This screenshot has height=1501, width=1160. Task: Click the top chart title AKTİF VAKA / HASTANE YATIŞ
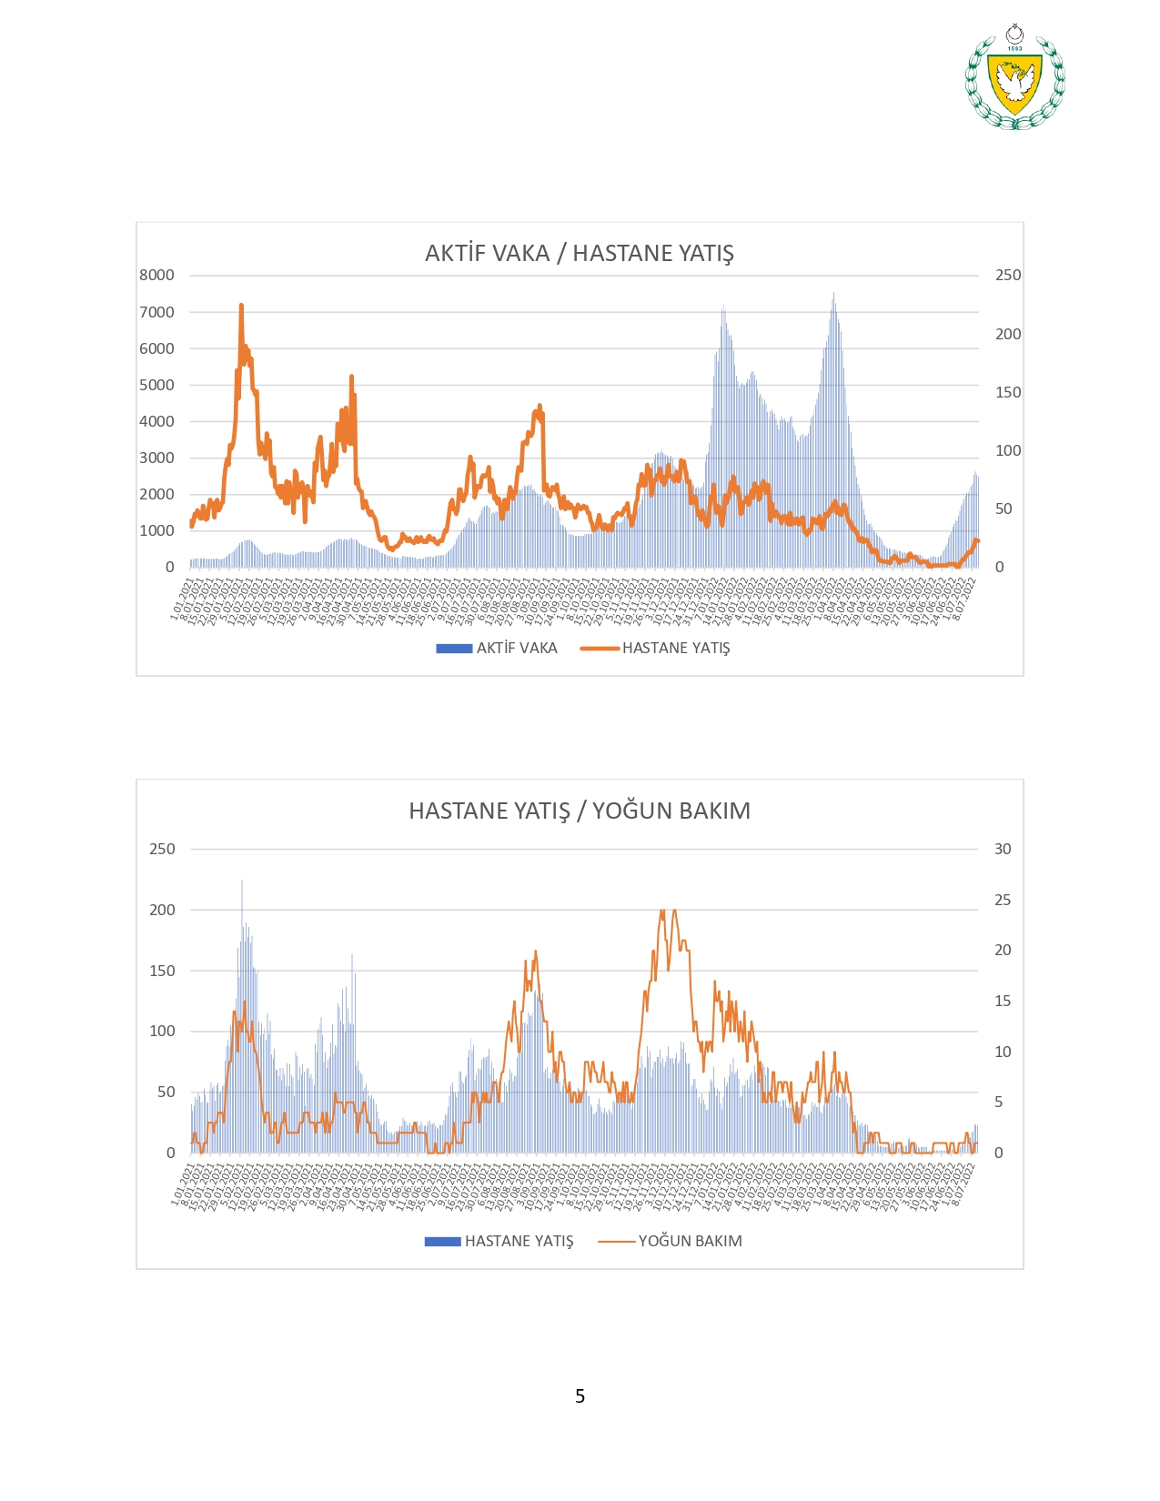579,253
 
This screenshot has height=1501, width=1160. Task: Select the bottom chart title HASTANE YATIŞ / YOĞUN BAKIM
579,811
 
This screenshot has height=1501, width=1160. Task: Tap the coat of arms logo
1014,78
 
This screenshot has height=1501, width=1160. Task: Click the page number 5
580,1395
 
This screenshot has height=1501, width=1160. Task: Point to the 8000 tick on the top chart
156,275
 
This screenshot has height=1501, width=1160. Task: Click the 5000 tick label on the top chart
156,385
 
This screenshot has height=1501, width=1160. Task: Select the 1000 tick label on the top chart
156,530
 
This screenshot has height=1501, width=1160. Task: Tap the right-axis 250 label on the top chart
1007,275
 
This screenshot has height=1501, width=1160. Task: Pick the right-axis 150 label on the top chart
1007,392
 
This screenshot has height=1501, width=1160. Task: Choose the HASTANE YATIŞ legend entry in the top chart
675,648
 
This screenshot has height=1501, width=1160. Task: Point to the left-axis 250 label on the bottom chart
162,849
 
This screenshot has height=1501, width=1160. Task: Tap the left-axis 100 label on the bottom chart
162,1031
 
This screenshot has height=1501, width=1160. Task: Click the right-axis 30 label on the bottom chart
1002,849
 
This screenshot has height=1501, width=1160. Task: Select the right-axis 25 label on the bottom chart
1002,900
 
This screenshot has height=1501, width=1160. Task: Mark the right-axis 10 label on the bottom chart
1002,1052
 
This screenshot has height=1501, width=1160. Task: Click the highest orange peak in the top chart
241,307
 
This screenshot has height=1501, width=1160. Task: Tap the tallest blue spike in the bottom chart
242,881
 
